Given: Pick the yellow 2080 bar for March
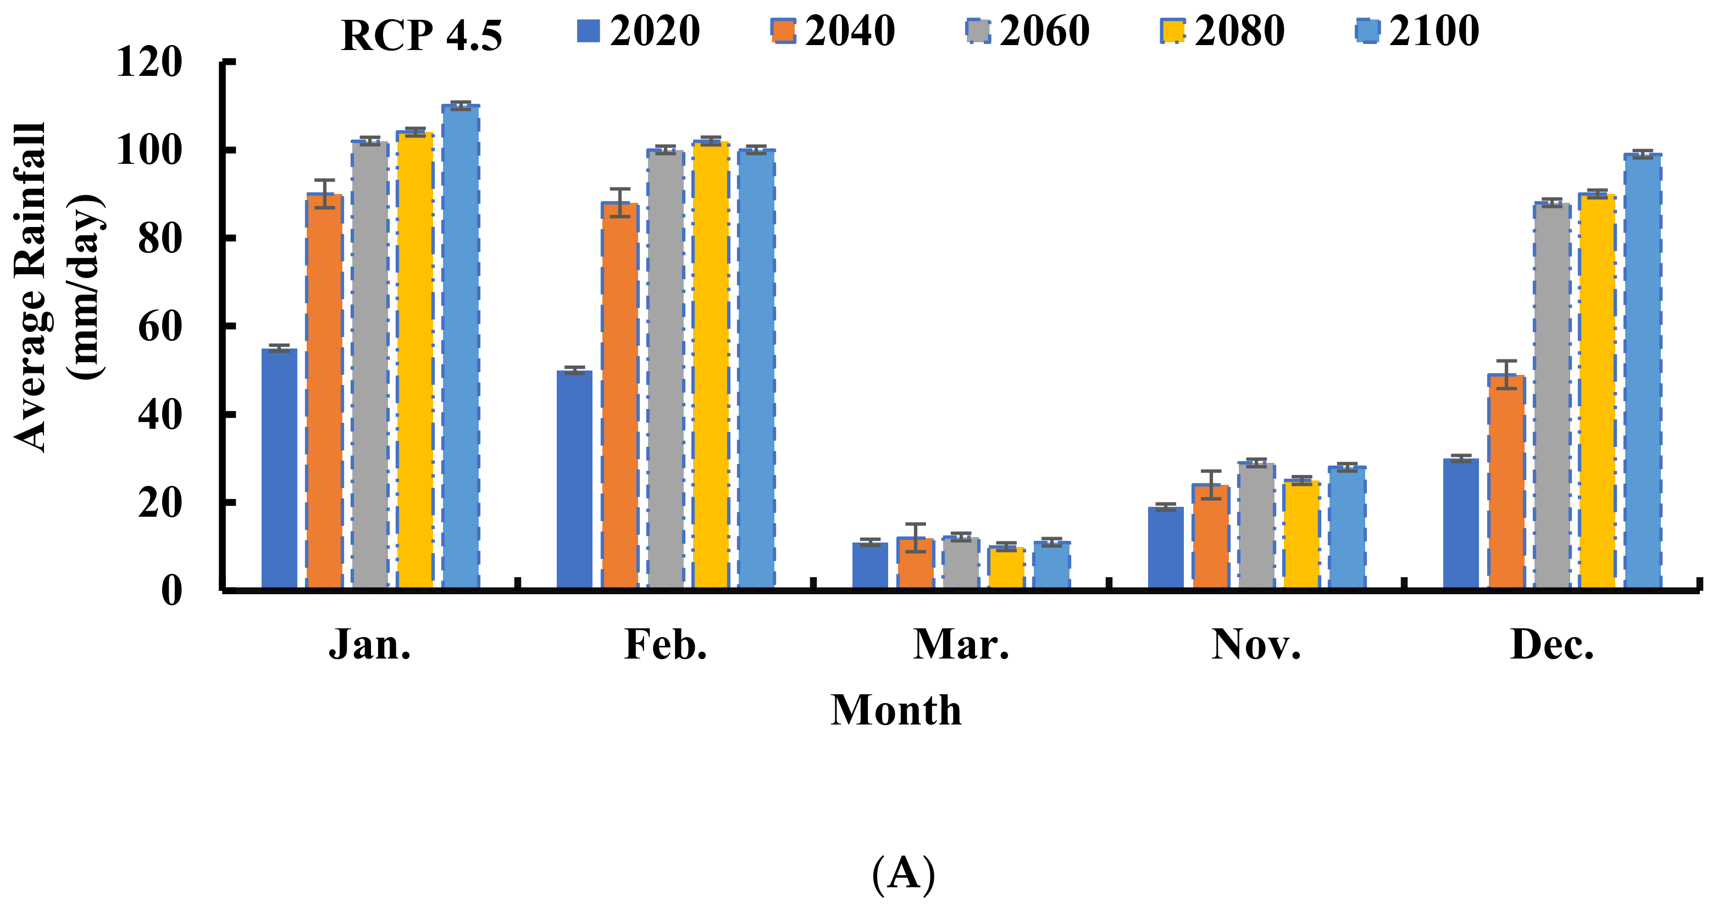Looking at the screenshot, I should pyautogui.click(x=1006, y=568).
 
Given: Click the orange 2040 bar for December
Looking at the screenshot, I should pyautogui.click(x=1506, y=482).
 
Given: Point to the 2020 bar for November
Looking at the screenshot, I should pyautogui.click(x=1166, y=549).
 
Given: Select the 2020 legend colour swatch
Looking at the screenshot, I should pyautogui.click(x=589, y=31).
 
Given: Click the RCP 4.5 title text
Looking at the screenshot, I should pyautogui.click(x=422, y=35).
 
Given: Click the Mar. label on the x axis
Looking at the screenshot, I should pyautogui.click(x=961, y=645).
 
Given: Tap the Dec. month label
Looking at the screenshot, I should pyautogui.click(x=1552, y=645).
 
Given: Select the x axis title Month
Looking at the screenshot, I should pyautogui.click(x=896, y=710).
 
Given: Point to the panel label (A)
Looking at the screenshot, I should pyautogui.click(x=903, y=873).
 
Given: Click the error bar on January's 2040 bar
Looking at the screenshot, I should pyautogui.click(x=324, y=194).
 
